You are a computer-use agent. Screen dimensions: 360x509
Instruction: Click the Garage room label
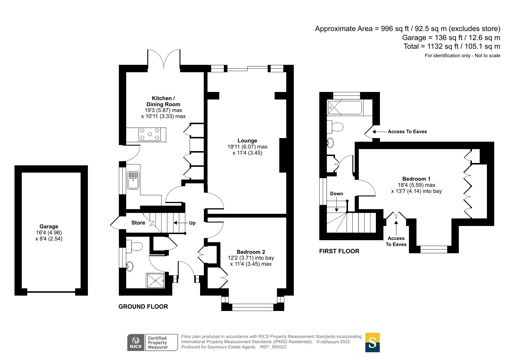coord(49,227)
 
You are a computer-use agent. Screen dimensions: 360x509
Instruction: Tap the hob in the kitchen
coord(149,134)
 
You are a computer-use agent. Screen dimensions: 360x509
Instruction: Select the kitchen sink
coord(133,180)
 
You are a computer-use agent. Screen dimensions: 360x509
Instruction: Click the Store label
coord(138,223)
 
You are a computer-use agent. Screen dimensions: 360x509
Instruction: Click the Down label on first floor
coord(336,193)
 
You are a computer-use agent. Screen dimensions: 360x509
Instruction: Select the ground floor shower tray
coord(155,281)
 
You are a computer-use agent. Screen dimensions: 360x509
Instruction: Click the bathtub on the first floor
coord(345,108)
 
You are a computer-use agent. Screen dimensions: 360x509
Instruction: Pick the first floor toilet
coord(336,127)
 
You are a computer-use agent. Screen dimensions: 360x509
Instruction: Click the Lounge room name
coord(247,141)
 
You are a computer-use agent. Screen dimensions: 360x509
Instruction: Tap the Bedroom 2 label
coord(251,252)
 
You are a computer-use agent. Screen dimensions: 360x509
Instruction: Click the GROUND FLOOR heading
coord(143,307)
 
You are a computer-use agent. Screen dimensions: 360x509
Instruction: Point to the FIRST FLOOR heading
coord(339,251)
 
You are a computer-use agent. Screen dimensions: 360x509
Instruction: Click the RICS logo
coord(136,342)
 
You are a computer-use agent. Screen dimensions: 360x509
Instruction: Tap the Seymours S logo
coord(372,342)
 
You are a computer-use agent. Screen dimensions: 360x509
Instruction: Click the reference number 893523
coord(279,347)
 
